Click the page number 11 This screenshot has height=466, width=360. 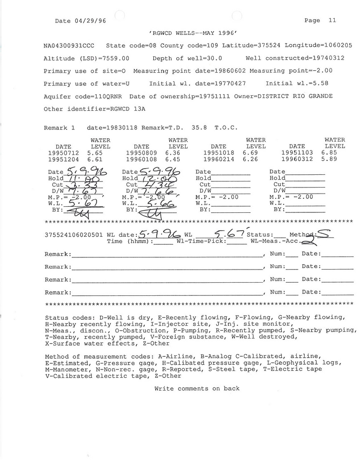[x=332, y=21]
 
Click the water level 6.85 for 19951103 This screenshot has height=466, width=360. [x=329, y=153]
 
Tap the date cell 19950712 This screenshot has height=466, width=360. [x=64, y=153]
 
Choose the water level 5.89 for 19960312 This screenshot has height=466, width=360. [x=329, y=159]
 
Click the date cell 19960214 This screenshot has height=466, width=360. [x=219, y=159]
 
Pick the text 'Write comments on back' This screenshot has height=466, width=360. [x=197, y=389]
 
